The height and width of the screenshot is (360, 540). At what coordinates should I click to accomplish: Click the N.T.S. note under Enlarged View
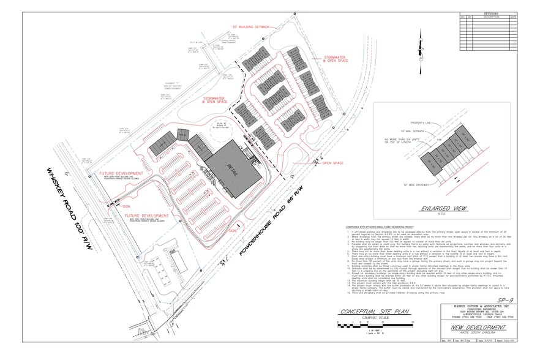436,216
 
